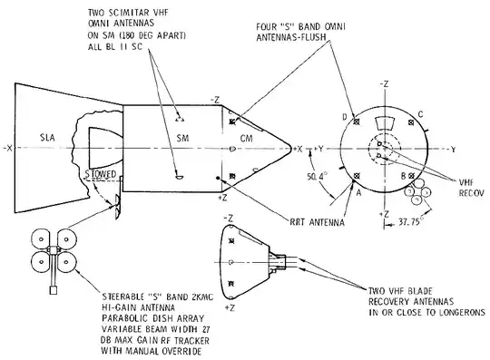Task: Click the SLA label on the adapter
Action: [48, 138]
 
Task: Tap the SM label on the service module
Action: [182, 138]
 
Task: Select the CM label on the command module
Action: [247, 138]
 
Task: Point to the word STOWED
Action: [101, 174]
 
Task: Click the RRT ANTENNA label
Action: [318, 222]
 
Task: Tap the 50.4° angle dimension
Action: [317, 177]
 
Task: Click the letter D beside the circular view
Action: [345, 117]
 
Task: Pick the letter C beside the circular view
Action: [421, 114]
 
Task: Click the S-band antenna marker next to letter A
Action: [356, 177]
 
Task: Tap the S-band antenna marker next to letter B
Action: [411, 176]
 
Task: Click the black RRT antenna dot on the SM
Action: [218, 179]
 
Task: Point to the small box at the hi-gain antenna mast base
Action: [54, 290]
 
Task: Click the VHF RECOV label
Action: [471, 188]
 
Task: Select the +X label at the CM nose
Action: [299, 149]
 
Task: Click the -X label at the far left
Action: [7, 149]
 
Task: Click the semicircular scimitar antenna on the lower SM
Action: [180, 178]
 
